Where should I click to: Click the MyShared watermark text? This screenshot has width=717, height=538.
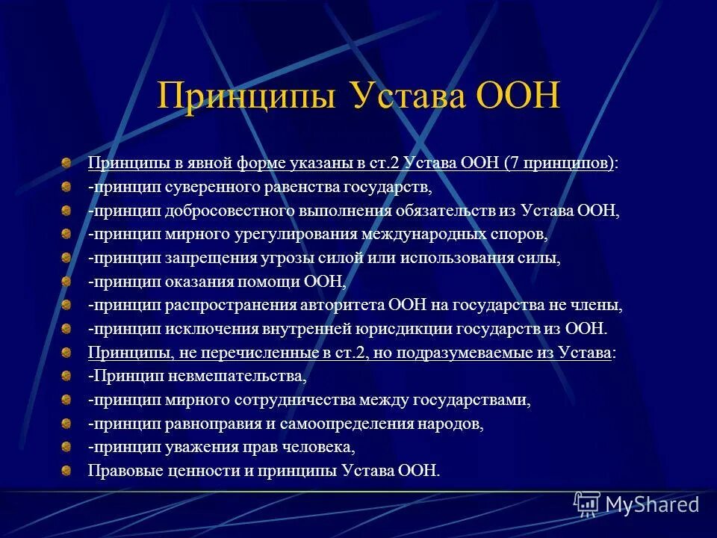(x=652, y=504)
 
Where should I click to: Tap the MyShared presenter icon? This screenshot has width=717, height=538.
(x=587, y=505)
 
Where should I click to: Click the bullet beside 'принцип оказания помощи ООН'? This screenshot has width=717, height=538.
(x=66, y=282)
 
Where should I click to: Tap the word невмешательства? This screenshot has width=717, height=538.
(x=236, y=376)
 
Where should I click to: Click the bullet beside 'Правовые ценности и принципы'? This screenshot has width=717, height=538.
(x=66, y=471)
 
